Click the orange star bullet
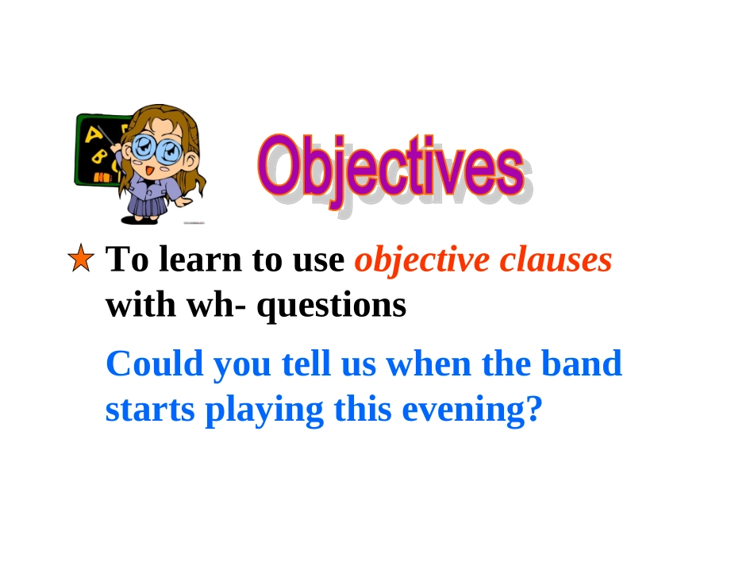(x=81, y=260)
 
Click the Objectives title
(x=390, y=167)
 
